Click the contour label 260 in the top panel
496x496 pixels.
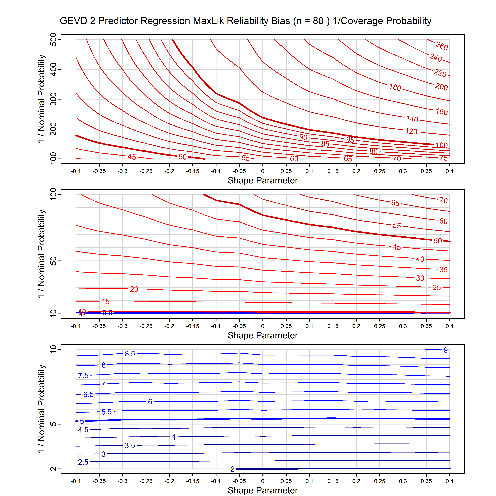[x=442, y=46]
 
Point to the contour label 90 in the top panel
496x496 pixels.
[x=303, y=137]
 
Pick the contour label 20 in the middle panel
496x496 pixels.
[x=134, y=289]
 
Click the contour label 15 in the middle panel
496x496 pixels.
[x=106, y=301]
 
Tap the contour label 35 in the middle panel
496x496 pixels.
[x=443, y=270]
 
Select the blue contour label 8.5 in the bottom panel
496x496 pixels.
[x=130, y=354]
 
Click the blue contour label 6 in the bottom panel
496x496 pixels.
[x=150, y=402]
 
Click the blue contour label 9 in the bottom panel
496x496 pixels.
[x=446, y=350]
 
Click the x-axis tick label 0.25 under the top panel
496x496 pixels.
[x=379, y=171]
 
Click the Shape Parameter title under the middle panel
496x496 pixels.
[x=263, y=335]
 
